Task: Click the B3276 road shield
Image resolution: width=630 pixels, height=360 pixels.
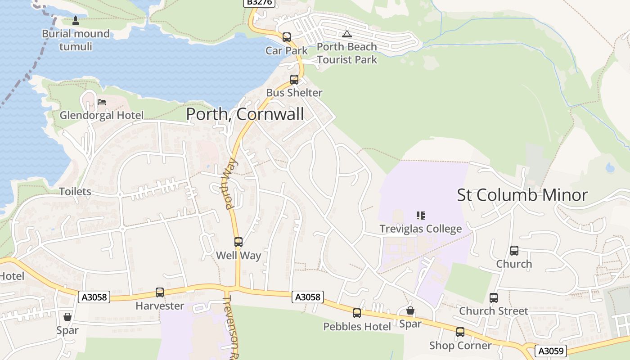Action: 259,3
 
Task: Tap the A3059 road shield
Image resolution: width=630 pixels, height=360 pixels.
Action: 550,351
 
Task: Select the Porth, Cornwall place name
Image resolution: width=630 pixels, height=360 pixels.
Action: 245,114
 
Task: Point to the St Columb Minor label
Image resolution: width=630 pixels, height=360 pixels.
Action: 522,195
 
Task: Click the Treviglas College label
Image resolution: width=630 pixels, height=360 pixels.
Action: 421,229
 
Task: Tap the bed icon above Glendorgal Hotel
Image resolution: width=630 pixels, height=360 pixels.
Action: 102,102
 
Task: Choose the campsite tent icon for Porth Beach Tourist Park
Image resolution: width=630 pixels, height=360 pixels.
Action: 346,34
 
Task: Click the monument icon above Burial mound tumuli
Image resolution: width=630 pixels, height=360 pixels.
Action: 76,20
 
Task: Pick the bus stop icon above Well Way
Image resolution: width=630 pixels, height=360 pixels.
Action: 238,242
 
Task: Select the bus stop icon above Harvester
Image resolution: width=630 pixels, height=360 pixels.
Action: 160,292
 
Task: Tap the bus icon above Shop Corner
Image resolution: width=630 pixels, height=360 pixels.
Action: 460,332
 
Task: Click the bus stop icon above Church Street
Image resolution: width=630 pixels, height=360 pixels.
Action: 494,298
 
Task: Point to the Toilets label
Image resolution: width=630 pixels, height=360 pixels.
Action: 75,192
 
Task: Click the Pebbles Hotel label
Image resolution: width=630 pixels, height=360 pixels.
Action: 357,327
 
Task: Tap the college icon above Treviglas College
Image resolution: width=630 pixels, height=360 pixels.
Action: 421,216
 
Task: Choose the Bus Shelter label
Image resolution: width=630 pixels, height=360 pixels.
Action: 294,93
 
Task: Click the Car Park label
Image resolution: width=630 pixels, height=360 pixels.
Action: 287,50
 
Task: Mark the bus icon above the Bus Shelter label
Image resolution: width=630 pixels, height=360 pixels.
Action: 294,80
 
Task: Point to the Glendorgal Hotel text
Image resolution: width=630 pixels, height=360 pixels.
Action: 102,116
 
